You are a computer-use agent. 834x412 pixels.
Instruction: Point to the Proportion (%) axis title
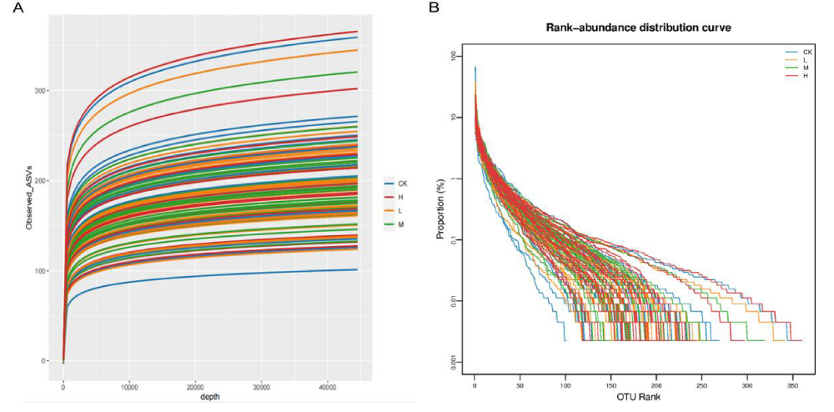pos(440,209)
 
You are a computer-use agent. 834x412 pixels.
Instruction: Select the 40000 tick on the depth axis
pos(327,387)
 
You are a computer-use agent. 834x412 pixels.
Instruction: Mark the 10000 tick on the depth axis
pos(128,387)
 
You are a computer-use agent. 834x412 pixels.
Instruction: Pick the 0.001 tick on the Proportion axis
pos(452,362)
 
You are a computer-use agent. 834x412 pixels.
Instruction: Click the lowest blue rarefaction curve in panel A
pos(208,275)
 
